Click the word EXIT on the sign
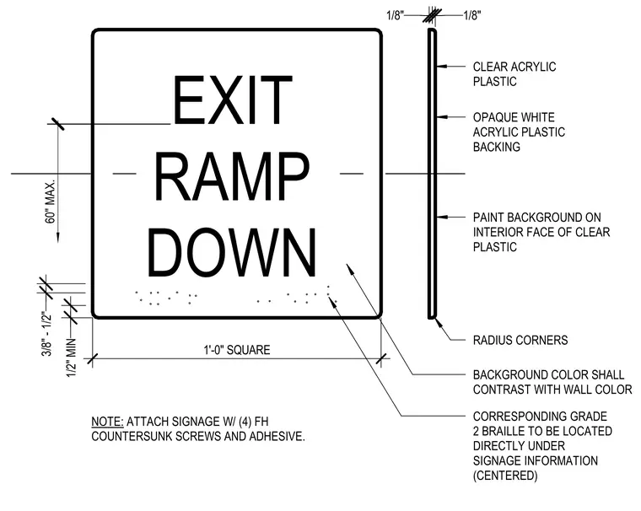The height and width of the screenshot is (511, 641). (x=233, y=100)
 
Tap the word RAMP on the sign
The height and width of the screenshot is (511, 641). (x=232, y=176)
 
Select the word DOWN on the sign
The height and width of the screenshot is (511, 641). (x=232, y=253)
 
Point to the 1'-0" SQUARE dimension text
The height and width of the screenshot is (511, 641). (x=237, y=350)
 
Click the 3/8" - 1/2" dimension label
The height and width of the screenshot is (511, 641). (x=46, y=334)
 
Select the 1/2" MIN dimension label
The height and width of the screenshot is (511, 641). (x=72, y=358)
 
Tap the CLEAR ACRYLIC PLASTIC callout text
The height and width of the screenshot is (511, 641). (x=514, y=74)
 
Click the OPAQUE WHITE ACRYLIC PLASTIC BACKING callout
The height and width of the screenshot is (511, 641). (x=519, y=132)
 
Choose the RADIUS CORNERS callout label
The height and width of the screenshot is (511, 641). (x=520, y=340)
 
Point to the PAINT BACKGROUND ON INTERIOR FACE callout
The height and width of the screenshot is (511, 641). (x=541, y=232)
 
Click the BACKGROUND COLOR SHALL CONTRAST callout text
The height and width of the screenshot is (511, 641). (x=552, y=382)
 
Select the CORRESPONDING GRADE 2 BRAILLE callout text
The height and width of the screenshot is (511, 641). (x=542, y=446)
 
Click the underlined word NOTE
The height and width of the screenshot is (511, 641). (x=107, y=422)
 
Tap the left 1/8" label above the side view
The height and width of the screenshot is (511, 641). (x=396, y=15)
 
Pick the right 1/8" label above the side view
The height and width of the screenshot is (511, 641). (x=472, y=15)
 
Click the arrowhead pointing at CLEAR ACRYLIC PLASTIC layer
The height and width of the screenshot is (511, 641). (x=441, y=66)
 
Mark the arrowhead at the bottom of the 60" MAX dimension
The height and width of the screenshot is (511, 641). (x=57, y=237)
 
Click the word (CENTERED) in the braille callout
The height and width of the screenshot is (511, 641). (x=505, y=476)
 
